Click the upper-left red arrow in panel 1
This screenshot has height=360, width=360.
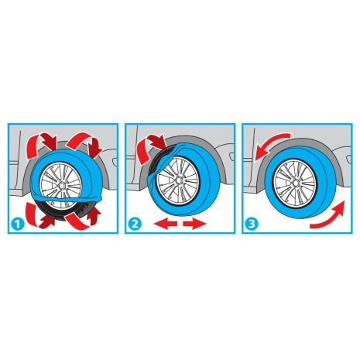tap(36, 142)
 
